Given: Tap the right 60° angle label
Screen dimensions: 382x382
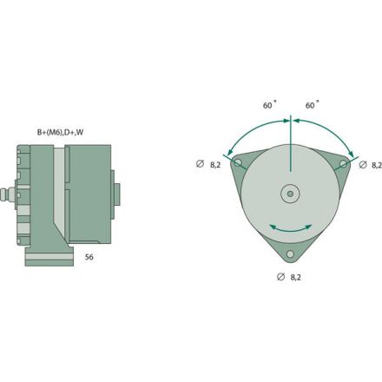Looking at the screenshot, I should coord(311,105).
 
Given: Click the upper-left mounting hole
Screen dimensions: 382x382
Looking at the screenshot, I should coord(234,164).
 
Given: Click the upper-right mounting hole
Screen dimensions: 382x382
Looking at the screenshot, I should coord(344,163).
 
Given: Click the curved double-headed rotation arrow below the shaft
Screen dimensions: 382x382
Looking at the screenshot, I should coord(289,227).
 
